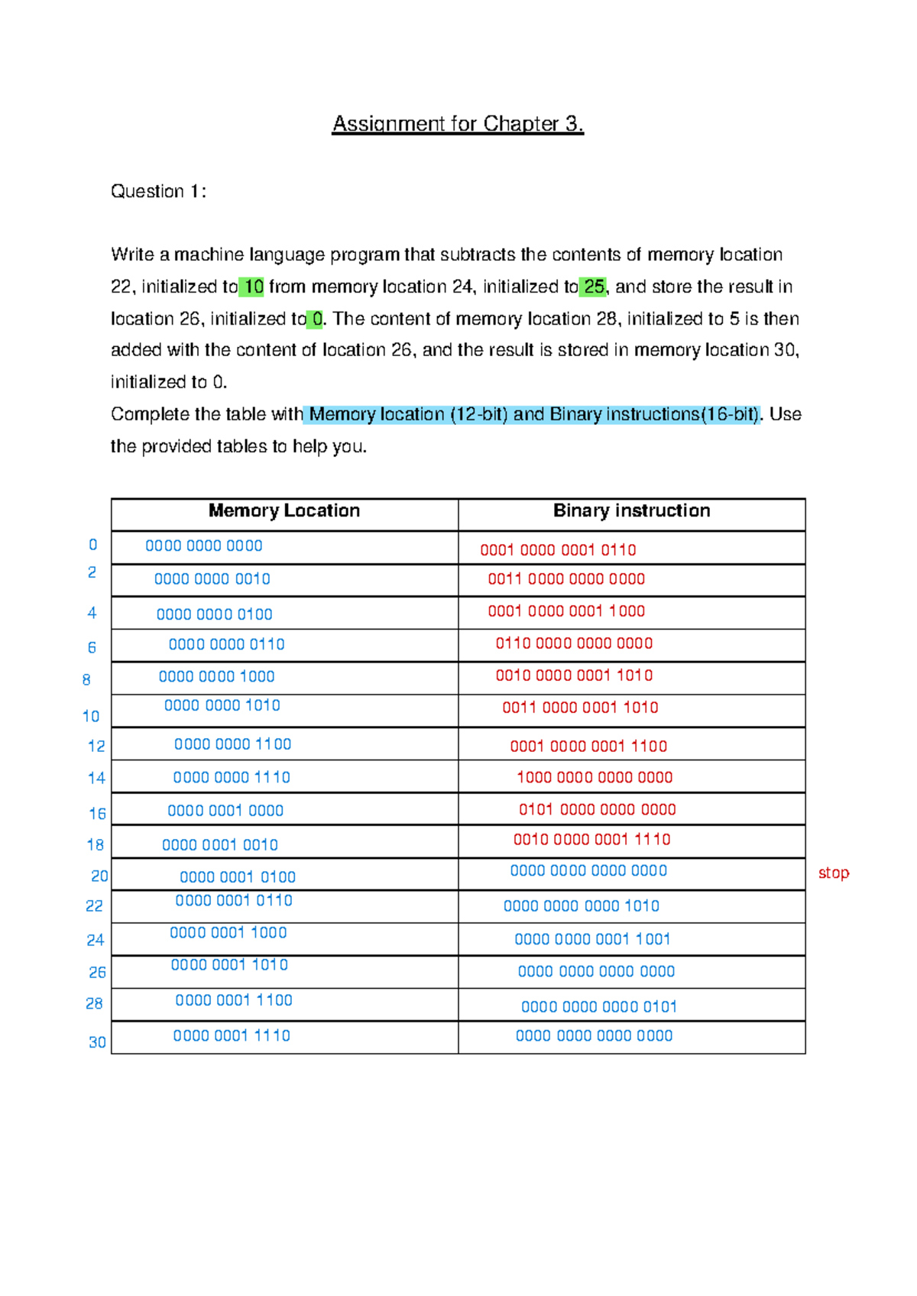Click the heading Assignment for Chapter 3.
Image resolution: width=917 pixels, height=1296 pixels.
click(x=457, y=124)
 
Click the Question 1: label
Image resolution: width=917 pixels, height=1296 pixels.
click(x=158, y=191)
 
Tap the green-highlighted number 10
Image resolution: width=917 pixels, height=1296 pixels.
click(x=252, y=287)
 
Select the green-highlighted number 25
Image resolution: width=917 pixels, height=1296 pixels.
click(x=594, y=287)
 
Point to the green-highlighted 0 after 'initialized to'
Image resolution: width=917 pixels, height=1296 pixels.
click(x=316, y=319)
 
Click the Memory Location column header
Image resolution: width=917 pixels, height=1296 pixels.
click(x=284, y=510)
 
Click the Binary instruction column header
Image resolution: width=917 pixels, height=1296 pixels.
click(x=631, y=510)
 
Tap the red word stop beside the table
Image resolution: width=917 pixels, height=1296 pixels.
click(x=833, y=873)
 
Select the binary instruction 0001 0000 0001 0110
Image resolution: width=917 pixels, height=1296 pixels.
click(x=558, y=550)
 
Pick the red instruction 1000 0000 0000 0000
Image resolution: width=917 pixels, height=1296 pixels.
click(x=595, y=777)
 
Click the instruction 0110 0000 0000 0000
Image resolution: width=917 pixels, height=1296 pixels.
click(x=574, y=643)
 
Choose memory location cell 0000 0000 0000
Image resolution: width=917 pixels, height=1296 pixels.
click(x=204, y=546)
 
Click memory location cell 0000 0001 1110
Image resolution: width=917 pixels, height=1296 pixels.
click(x=232, y=1035)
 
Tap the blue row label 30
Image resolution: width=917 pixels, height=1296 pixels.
click(x=97, y=1042)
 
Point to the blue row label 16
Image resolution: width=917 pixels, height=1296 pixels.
click(x=97, y=814)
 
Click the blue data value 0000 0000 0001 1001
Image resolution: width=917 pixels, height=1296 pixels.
click(x=592, y=939)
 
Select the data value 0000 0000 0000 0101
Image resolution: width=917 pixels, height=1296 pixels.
click(x=598, y=1007)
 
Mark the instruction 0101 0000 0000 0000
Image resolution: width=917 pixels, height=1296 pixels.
click(x=597, y=809)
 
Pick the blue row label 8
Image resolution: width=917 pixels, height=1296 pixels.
click(x=86, y=679)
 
